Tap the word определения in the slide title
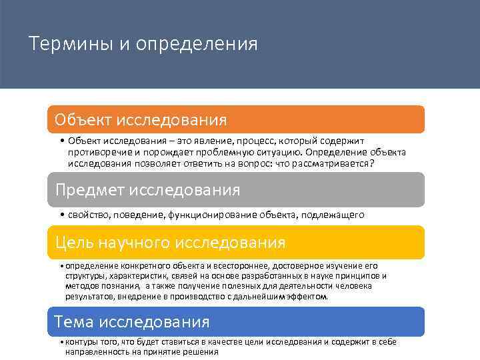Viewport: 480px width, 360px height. coord(197,45)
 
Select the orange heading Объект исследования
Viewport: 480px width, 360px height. coord(141,120)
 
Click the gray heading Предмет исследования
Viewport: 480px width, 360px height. coord(147,190)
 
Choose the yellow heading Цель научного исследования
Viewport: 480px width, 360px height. coord(170,242)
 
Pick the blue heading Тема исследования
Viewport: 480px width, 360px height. coord(132,322)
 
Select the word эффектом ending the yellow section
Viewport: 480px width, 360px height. coord(307,296)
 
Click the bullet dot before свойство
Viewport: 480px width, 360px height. coord(61,215)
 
